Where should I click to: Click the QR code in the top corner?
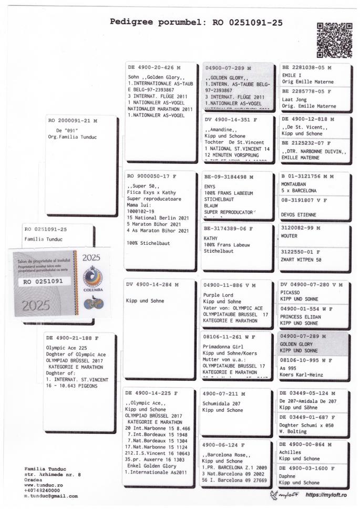coord(334,39)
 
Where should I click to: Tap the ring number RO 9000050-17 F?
coord(153,177)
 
